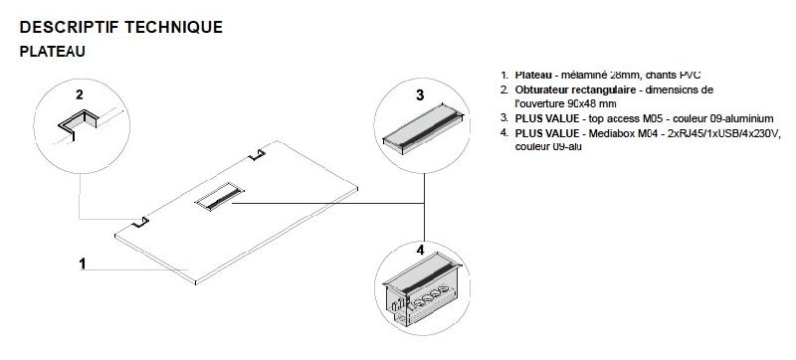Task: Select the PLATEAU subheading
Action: click(x=51, y=51)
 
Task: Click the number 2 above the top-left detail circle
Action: click(x=80, y=96)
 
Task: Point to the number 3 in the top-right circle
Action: click(x=420, y=95)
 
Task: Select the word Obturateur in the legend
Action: click(x=543, y=90)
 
